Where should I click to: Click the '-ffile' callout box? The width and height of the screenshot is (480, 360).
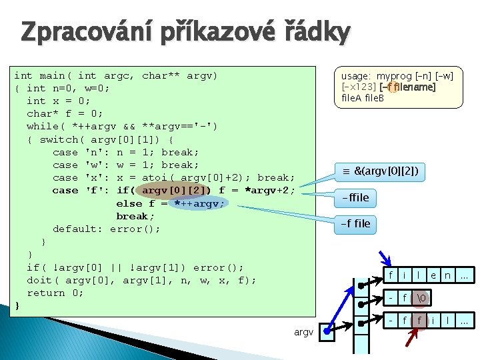355,197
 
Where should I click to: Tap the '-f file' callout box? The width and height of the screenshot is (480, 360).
355,223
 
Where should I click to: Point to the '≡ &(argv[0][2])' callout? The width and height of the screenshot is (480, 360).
379,172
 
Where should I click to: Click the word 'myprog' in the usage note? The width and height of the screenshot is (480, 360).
395,77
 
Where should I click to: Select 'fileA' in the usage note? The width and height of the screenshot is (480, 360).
351,98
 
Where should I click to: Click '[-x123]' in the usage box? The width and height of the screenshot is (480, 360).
359,87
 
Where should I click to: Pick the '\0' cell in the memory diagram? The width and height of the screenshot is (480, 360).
421,298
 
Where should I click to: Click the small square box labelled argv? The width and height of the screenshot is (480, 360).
328,331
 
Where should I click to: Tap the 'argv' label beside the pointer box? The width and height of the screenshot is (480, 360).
303,331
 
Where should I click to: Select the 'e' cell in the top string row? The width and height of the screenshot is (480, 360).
433,275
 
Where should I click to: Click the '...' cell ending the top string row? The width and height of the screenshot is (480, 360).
464,275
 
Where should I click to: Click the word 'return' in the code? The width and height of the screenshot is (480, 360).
46,293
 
